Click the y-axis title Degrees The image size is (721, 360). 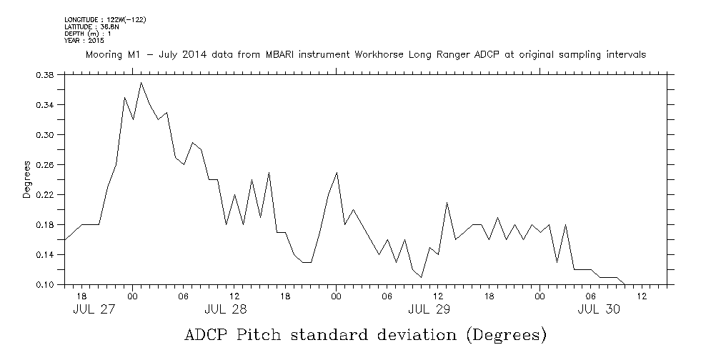click(x=26, y=179)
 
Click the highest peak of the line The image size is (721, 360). click(x=141, y=83)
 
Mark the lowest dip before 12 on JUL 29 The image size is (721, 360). click(x=422, y=277)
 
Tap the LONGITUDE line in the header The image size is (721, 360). click(x=105, y=19)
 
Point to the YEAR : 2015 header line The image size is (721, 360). click(x=84, y=40)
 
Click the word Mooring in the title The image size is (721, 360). click(x=105, y=55)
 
